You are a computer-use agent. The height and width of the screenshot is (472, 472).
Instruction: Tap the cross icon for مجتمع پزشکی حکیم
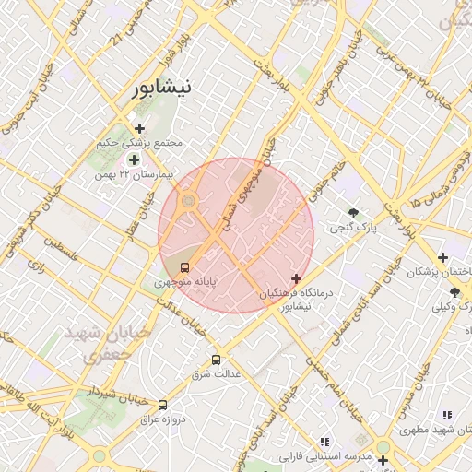click(139, 128)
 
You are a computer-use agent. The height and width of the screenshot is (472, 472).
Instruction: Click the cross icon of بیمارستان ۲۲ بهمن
click(134, 159)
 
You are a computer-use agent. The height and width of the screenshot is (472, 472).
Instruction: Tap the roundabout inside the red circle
click(188, 200)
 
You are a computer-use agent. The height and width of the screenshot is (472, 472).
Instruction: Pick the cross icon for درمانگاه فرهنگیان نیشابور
click(296, 278)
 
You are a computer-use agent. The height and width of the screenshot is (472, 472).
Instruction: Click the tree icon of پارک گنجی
click(354, 212)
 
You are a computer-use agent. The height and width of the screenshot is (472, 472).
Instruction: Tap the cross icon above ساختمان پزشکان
click(442, 257)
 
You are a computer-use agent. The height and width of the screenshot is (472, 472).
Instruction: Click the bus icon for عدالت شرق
click(217, 360)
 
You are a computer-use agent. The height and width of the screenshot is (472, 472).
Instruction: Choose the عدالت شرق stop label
click(216, 374)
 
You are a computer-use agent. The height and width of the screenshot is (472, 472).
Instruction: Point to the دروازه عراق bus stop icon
click(163, 404)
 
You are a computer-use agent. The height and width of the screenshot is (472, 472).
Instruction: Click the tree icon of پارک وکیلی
click(454, 292)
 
